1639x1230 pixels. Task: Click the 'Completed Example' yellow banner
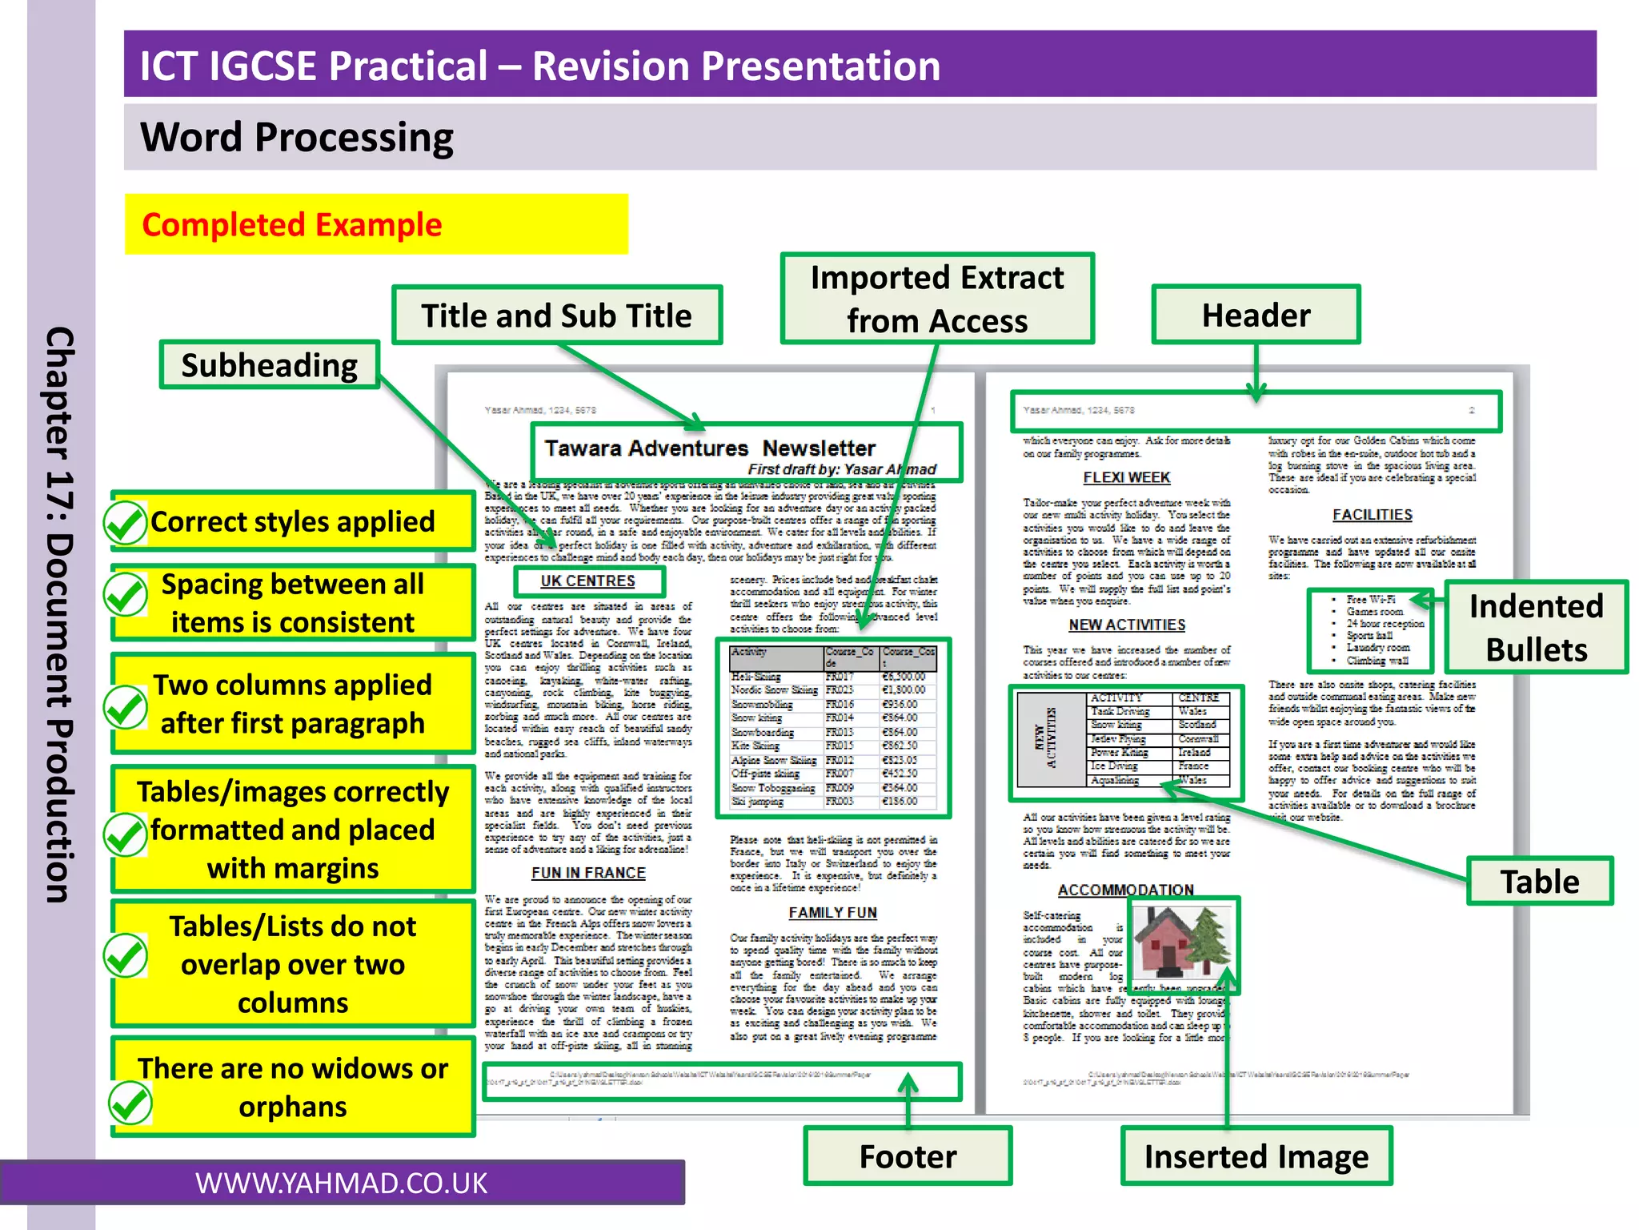point(376,224)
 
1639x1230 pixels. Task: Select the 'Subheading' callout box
point(270,365)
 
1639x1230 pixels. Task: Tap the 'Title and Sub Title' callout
point(557,316)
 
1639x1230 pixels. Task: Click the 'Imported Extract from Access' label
point(937,299)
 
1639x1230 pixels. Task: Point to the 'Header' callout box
point(1256,315)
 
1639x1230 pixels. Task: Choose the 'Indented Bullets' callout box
point(1537,628)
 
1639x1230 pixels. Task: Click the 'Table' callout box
point(1540,881)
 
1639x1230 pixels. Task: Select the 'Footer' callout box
point(908,1156)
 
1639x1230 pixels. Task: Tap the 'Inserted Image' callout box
point(1256,1156)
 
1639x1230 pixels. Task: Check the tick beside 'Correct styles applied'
point(126,523)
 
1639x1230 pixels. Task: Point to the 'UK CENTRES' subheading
point(588,581)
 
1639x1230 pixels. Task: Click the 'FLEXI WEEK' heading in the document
point(1126,478)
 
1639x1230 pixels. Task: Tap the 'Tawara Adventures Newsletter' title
point(710,448)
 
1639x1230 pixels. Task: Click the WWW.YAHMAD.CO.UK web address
point(342,1184)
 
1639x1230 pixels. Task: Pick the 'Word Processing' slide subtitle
point(297,137)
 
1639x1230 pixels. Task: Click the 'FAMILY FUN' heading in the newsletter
point(832,913)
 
